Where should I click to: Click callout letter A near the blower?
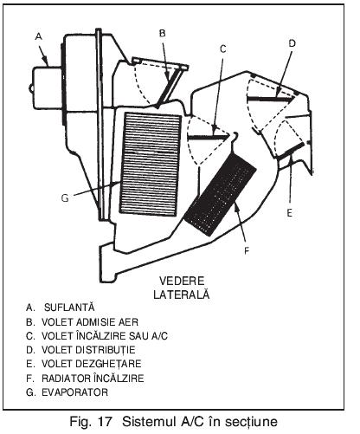39,36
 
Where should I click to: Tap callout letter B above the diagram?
163,34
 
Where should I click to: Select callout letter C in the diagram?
223,49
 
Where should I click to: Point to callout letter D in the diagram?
292,43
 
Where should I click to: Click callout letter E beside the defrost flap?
289,213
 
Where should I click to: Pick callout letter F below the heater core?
247,251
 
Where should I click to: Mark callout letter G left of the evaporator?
65,198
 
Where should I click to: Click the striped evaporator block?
151,164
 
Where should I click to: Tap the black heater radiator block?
221,194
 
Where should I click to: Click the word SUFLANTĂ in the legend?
69,307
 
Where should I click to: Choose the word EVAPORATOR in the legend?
75,392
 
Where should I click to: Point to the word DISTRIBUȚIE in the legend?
105,350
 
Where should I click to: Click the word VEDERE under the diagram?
182,281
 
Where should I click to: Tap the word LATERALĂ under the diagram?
182,294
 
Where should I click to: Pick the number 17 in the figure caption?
105,422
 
